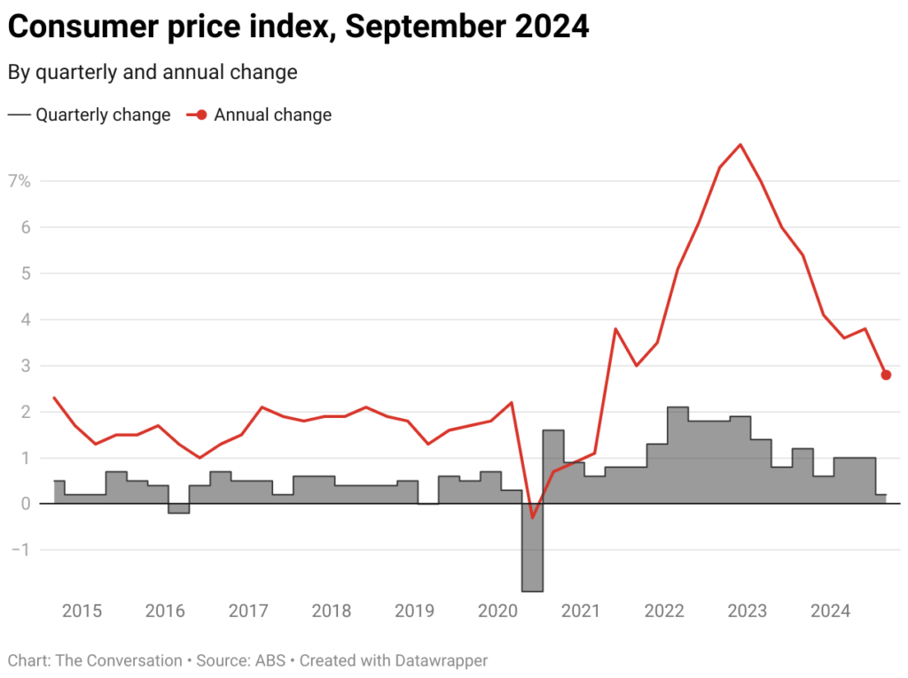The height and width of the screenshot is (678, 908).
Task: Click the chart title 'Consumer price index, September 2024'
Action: (298, 28)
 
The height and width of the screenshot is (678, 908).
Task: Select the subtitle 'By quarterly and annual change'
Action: (153, 72)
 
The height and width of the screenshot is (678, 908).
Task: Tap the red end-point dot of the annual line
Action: (886, 374)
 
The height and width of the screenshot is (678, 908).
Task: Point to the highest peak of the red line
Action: (740, 145)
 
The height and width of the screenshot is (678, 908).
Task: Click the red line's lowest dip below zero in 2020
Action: (532, 517)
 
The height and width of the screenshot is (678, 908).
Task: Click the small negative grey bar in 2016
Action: (179, 508)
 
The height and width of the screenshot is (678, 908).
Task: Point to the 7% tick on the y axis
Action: (19, 181)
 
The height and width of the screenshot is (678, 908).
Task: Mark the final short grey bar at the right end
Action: (881, 499)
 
